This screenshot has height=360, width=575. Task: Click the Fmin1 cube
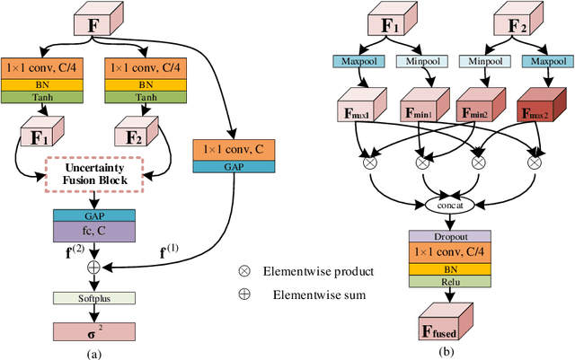click(419, 113)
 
